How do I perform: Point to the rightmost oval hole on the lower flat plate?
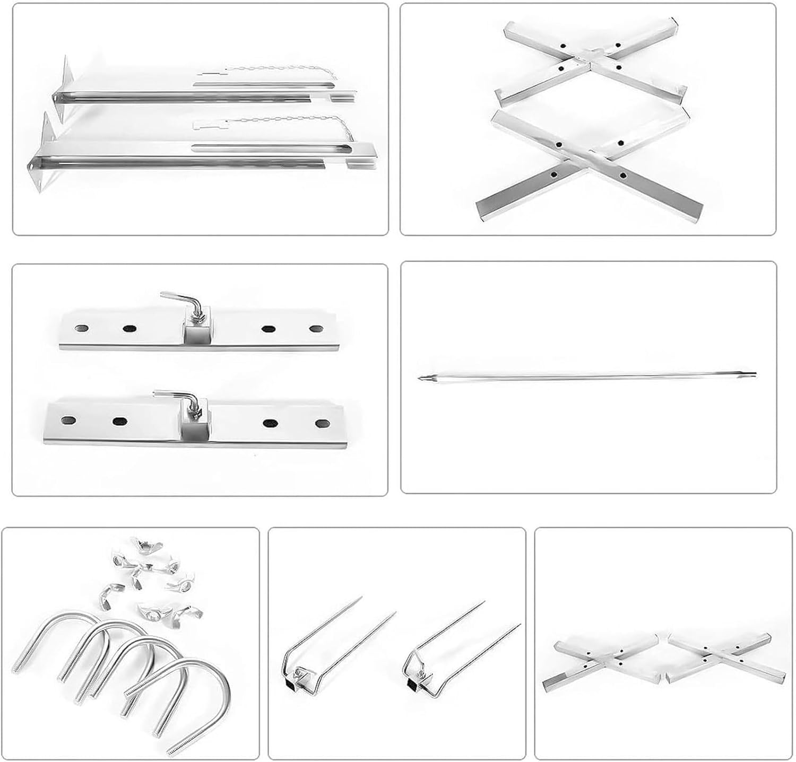coord(321,423)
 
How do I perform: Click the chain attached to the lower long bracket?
coord(276,120)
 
